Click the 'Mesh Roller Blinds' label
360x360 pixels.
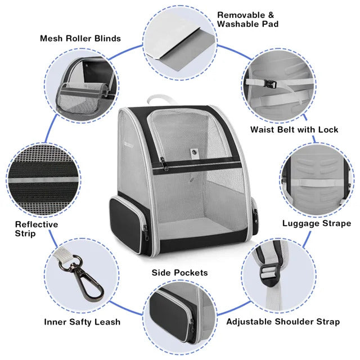click(80, 39)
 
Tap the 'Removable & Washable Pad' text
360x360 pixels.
click(247, 20)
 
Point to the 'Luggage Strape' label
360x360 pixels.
click(316, 223)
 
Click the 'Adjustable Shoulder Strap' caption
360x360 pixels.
click(283, 322)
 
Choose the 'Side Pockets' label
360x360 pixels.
click(179, 273)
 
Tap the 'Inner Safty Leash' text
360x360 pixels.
click(82, 322)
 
